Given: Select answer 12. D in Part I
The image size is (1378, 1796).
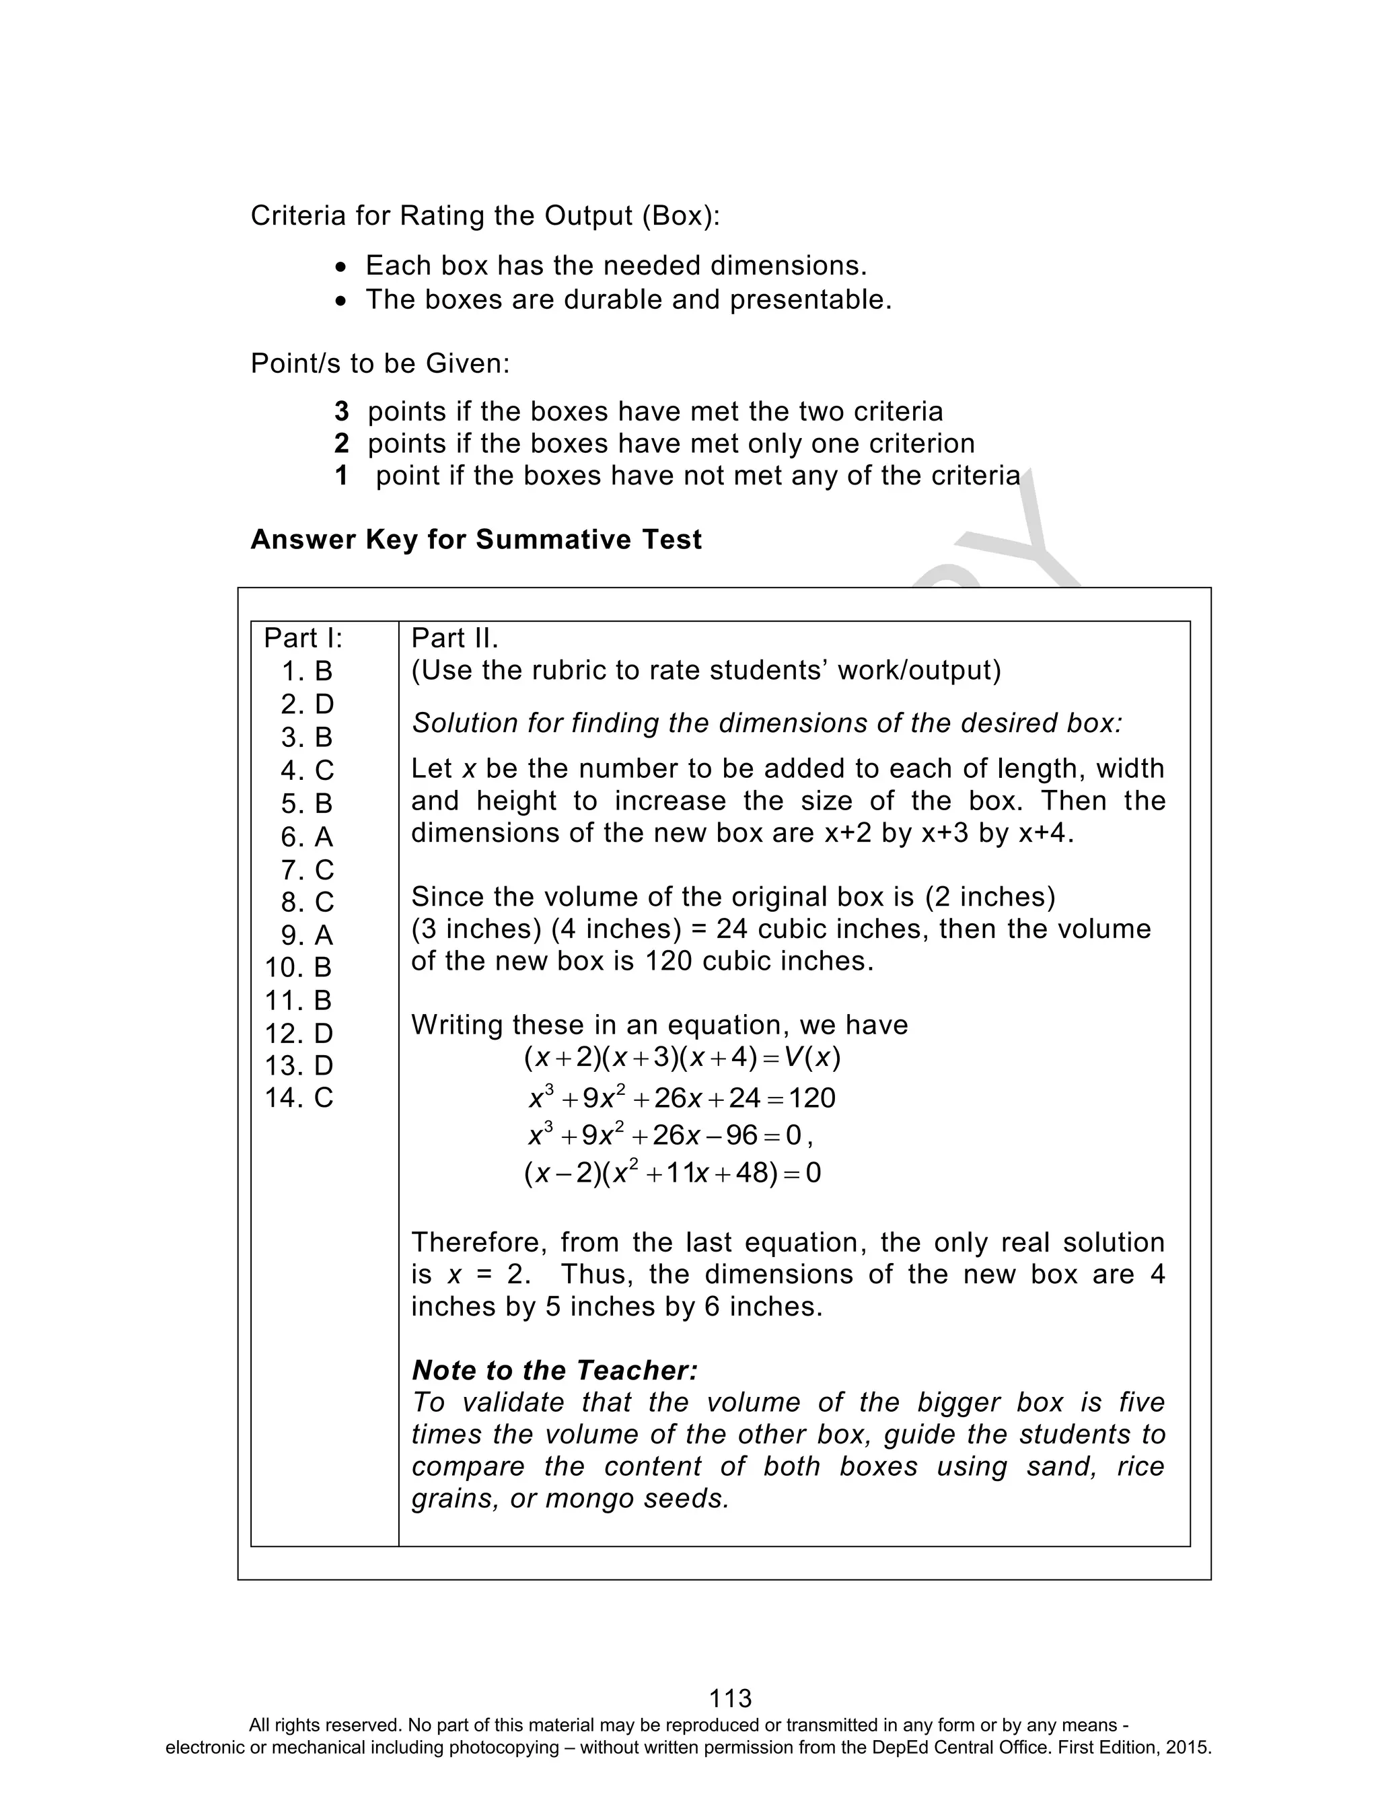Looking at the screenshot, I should point(299,1032).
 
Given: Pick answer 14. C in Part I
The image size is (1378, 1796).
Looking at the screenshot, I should point(299,1098).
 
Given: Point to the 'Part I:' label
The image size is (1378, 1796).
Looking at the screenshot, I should point(303,638).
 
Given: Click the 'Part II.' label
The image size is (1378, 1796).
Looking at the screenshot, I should point(454,638).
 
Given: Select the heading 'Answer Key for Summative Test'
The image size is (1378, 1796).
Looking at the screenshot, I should point(476,540).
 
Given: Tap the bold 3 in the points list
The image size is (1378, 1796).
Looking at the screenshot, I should point(341,411).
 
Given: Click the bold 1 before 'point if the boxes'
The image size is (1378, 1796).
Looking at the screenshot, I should point(341,475).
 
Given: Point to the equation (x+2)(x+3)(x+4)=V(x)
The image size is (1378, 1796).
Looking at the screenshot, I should point(682,1058).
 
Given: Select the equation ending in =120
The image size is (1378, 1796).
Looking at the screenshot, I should point(682,1098).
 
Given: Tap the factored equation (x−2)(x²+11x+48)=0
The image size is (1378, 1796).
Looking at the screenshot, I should point(672,1173).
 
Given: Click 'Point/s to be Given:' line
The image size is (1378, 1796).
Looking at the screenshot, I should point(379,363).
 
